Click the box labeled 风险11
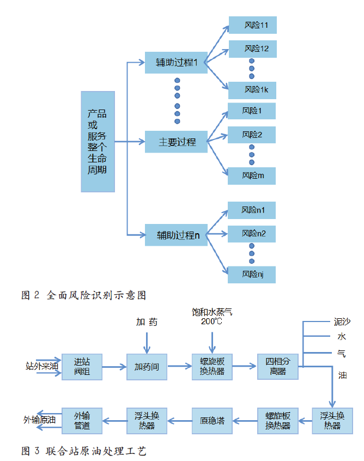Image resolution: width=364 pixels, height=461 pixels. pos(252,26)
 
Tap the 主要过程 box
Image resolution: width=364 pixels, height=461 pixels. pos(177,142)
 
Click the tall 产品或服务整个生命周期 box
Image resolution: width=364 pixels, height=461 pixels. pos(98,142)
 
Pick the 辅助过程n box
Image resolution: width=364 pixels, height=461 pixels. pos(177,235)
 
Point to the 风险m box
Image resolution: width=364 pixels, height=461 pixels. pos(252,175)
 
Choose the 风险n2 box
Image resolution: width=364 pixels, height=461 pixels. pos(252,234)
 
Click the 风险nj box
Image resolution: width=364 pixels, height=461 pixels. pos(252,274)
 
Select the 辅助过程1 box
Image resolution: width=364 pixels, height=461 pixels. pos(177,63)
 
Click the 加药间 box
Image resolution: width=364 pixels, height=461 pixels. pos(147,367)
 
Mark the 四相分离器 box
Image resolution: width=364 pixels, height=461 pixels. pos(278,367)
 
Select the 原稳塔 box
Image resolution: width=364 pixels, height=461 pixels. pos(212,420)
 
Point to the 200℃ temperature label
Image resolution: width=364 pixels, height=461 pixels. pos(212,322)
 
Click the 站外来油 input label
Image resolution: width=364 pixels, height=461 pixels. pos(41,366)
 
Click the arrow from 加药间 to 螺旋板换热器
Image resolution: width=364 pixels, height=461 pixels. pos(179,367)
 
